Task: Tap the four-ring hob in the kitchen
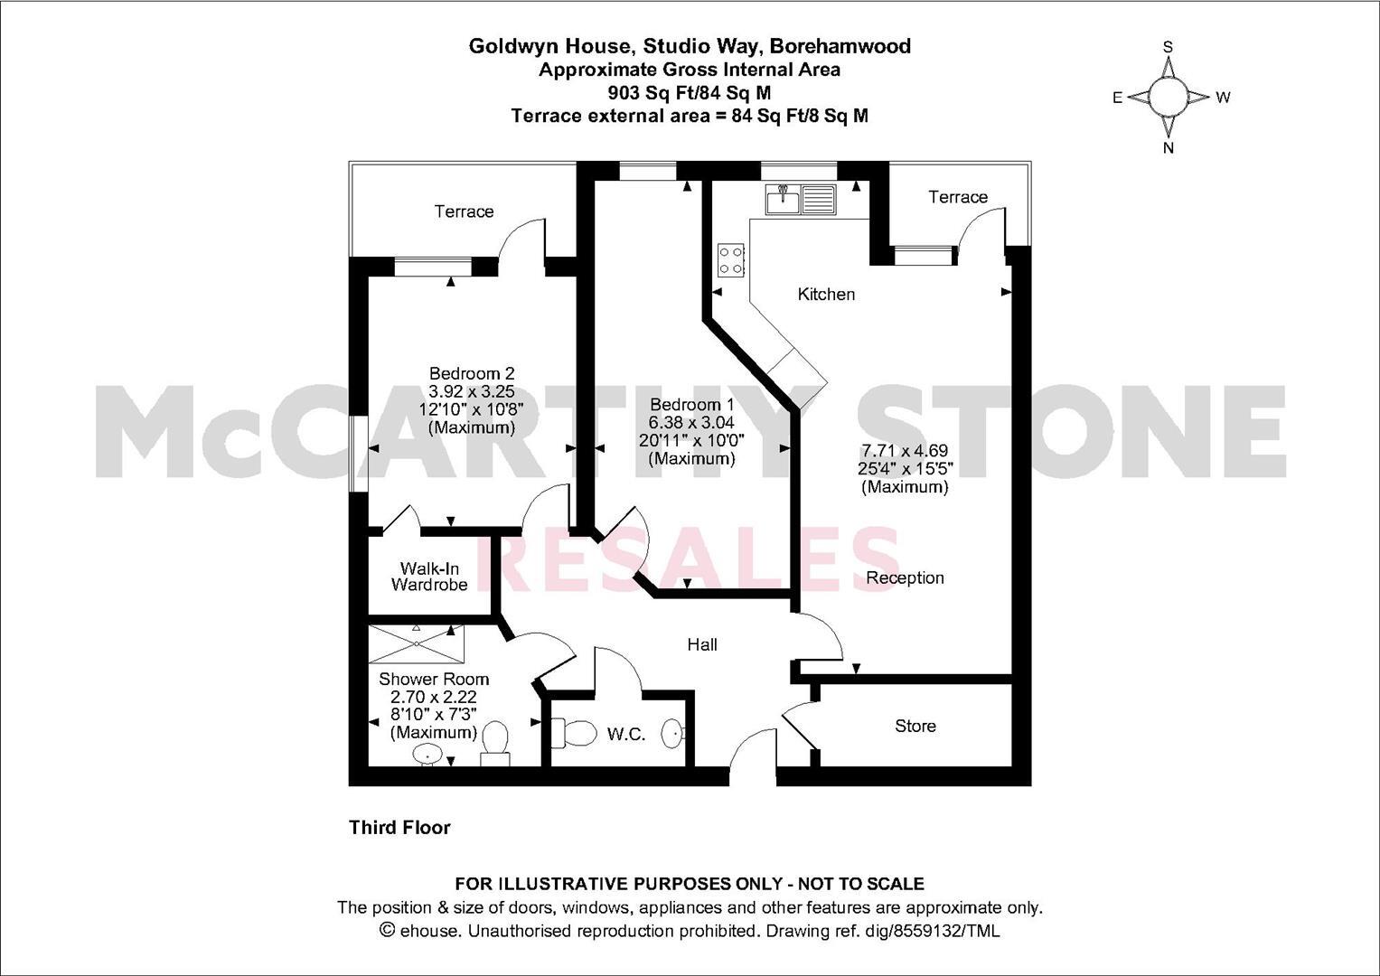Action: point(731,260)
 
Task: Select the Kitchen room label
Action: point(826,294)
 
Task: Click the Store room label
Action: point(915,726)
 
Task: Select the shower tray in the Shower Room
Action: point(417,643)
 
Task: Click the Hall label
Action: point(702,644)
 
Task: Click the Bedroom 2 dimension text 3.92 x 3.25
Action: point(471,391)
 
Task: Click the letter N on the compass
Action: point(1168,148)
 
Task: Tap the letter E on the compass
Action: point(1117,98)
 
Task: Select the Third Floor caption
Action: point(399,827)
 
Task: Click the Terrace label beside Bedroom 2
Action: point(464,211)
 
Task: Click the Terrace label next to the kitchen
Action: point(958,197)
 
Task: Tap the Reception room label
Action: point(905,577)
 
